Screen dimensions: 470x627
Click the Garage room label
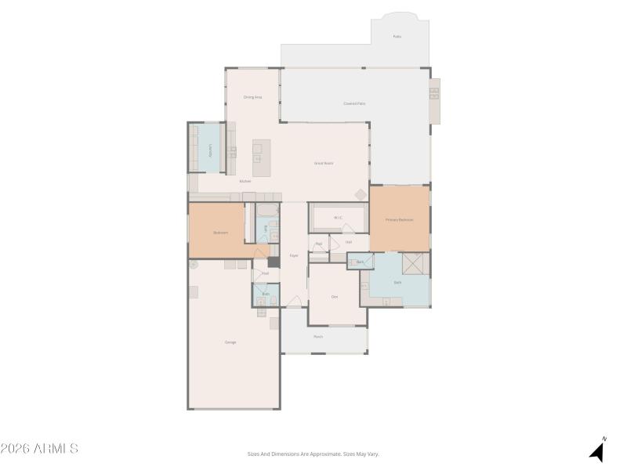point(230,342)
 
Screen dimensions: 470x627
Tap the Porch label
point(318,337)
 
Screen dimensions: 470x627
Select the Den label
point(335,296)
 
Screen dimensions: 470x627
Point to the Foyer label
point(294,255)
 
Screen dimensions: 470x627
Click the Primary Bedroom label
point(399,220)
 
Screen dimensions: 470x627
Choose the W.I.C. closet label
point(339,217)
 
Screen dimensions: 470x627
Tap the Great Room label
point(324,163)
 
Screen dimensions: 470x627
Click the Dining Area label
point(252,97)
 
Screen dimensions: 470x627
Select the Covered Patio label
point(354,103)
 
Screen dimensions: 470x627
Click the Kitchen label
point(245,181)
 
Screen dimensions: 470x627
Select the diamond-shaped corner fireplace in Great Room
point(361,193)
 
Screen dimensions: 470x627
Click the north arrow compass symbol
point(597,450)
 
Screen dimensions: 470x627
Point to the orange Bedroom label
point(220,233)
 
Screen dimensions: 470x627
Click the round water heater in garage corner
point(194,265)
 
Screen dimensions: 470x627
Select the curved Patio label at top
point(397,37)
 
